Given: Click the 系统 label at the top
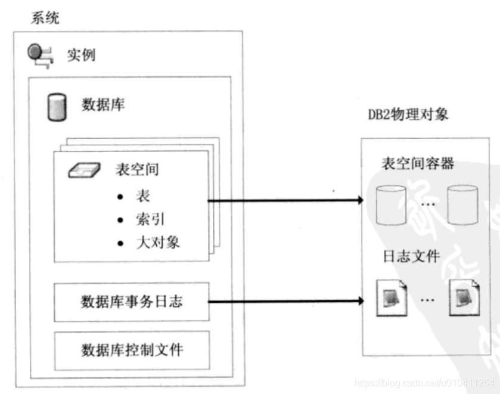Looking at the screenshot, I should tap(45, 18).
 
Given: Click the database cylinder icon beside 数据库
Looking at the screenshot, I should tap(55, 107).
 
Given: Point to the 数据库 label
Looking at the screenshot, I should tap(103, 106).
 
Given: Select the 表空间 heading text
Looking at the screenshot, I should tap(137, 169).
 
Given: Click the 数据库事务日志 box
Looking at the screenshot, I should tap(131, 301).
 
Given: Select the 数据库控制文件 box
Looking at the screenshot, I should tap(131, 349).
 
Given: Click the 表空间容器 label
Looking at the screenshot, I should tap(417, 162).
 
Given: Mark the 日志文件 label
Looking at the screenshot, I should tap(411, 257).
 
